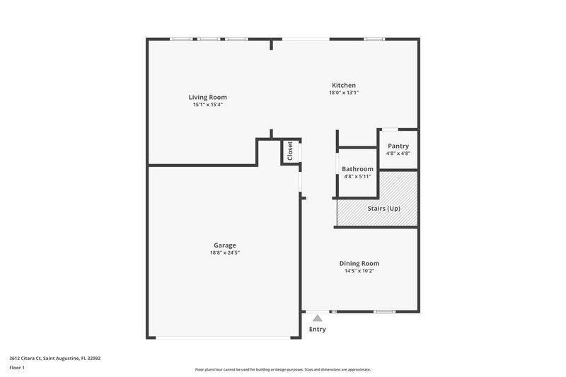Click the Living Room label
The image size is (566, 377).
click(x=207, y=97)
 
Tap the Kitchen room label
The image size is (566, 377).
click(x=344, y=86)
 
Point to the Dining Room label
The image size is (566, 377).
click(x=359, y=264)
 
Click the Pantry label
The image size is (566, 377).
click(x=398, y=146)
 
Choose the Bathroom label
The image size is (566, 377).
click(x=357, y=169)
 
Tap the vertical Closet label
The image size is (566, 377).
click(x=290, y=151)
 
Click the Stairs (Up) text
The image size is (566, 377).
click(x=384, y=209)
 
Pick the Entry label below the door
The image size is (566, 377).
click(x=318, y=329)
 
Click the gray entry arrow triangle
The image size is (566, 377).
click(x=318, y=318)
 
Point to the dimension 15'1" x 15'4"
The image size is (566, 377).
click(x=207, y=104)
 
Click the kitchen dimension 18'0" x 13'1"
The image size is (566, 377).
click(x=344, y=93)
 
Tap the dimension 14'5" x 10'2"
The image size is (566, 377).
click(x=359, y=271)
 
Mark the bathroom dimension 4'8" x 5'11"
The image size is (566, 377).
click(x=357, y=176)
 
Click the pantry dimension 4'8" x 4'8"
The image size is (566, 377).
click(x=398, y=153)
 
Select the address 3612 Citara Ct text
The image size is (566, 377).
click(x=54, y=359)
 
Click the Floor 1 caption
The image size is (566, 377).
click(x=18, y=369)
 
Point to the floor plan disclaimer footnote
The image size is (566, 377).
click(x=283, y=369)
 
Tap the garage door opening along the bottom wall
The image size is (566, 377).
click(x=223, y=337)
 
